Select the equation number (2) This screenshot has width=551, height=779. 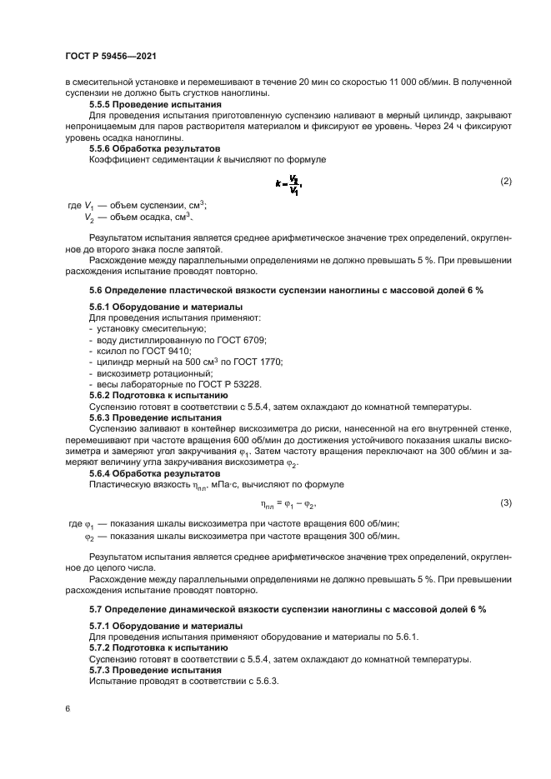(x=504, y=181)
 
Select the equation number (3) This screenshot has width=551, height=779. (x=504, y=503)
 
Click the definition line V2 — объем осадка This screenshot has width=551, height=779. (x=138, y=217)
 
